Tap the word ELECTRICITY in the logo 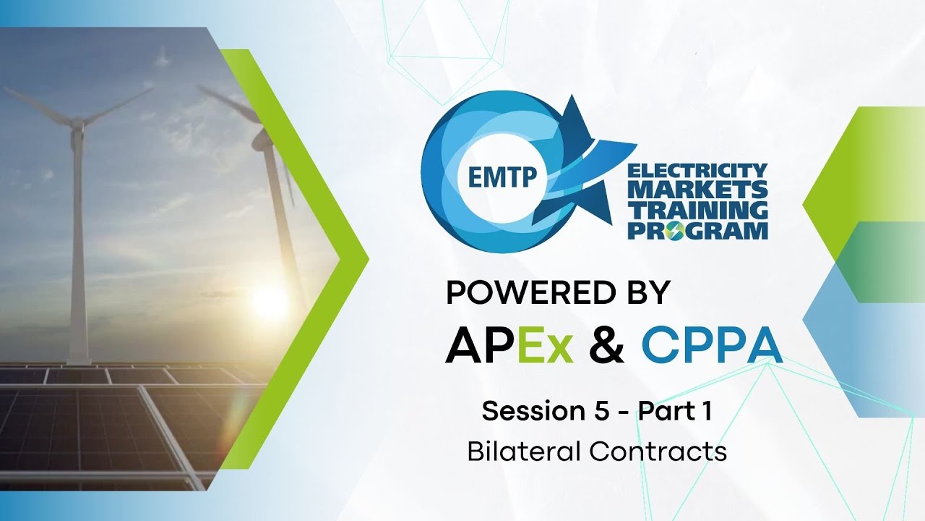(x=697, y=171)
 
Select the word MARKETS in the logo (x=697, y=191)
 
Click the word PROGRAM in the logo (x=697, y=231)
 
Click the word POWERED (x=531, y=293)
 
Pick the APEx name (x=509, y=345)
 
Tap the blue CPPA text (x=712, y=345)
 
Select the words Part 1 (x=674, y=411)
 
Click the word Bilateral (x=524, y=451)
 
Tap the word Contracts (x=658, y=451)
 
